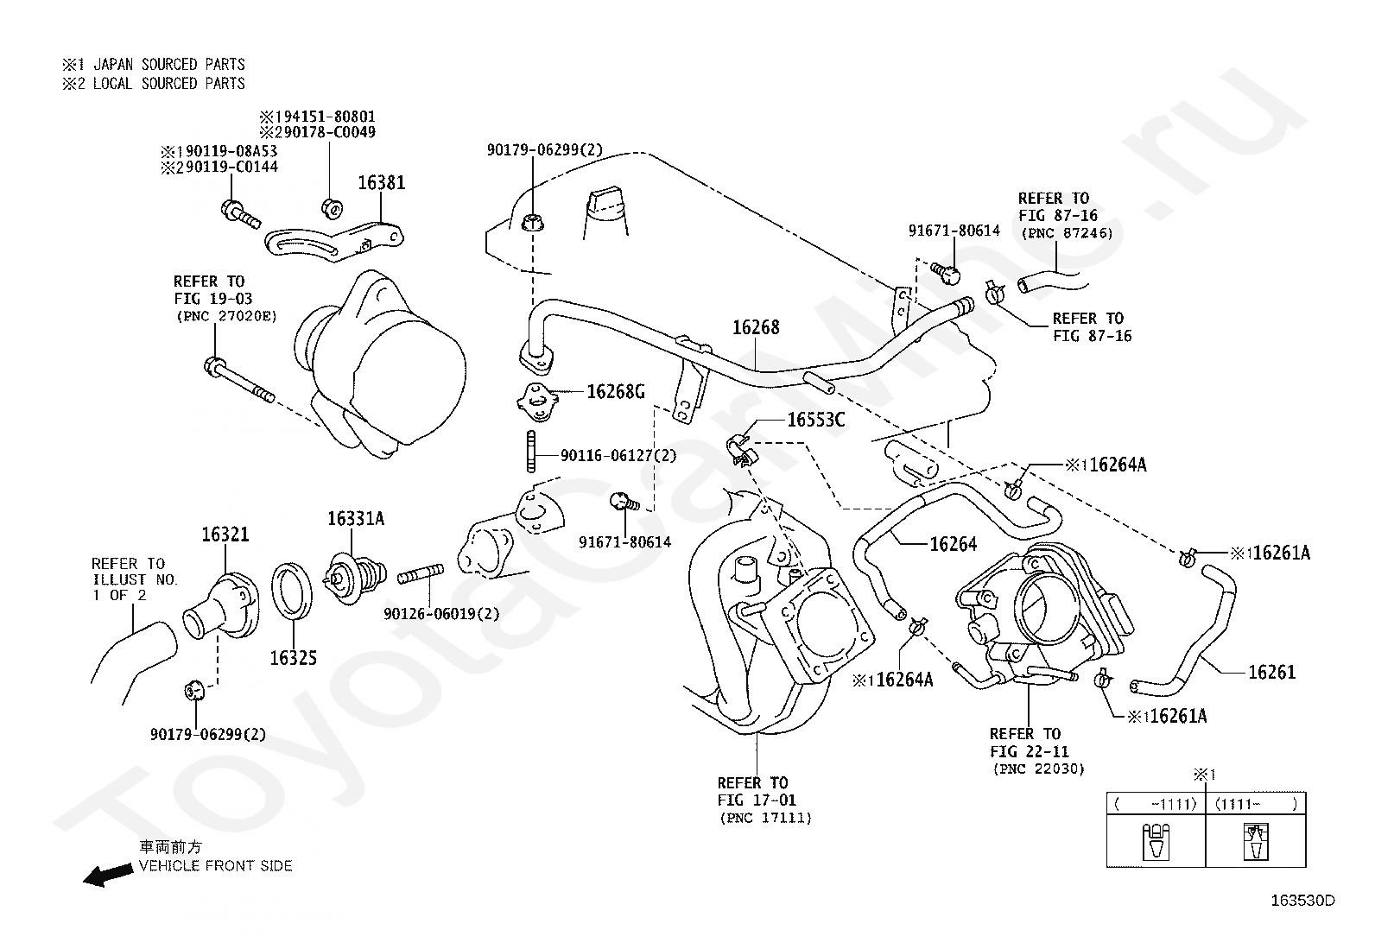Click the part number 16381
381,182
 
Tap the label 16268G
616,392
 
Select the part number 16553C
816,420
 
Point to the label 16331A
356,519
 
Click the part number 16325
294,658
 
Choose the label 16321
225,535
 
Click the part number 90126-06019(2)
441,614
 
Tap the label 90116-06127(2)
618,455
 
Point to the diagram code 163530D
1302,901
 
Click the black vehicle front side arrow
108,874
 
